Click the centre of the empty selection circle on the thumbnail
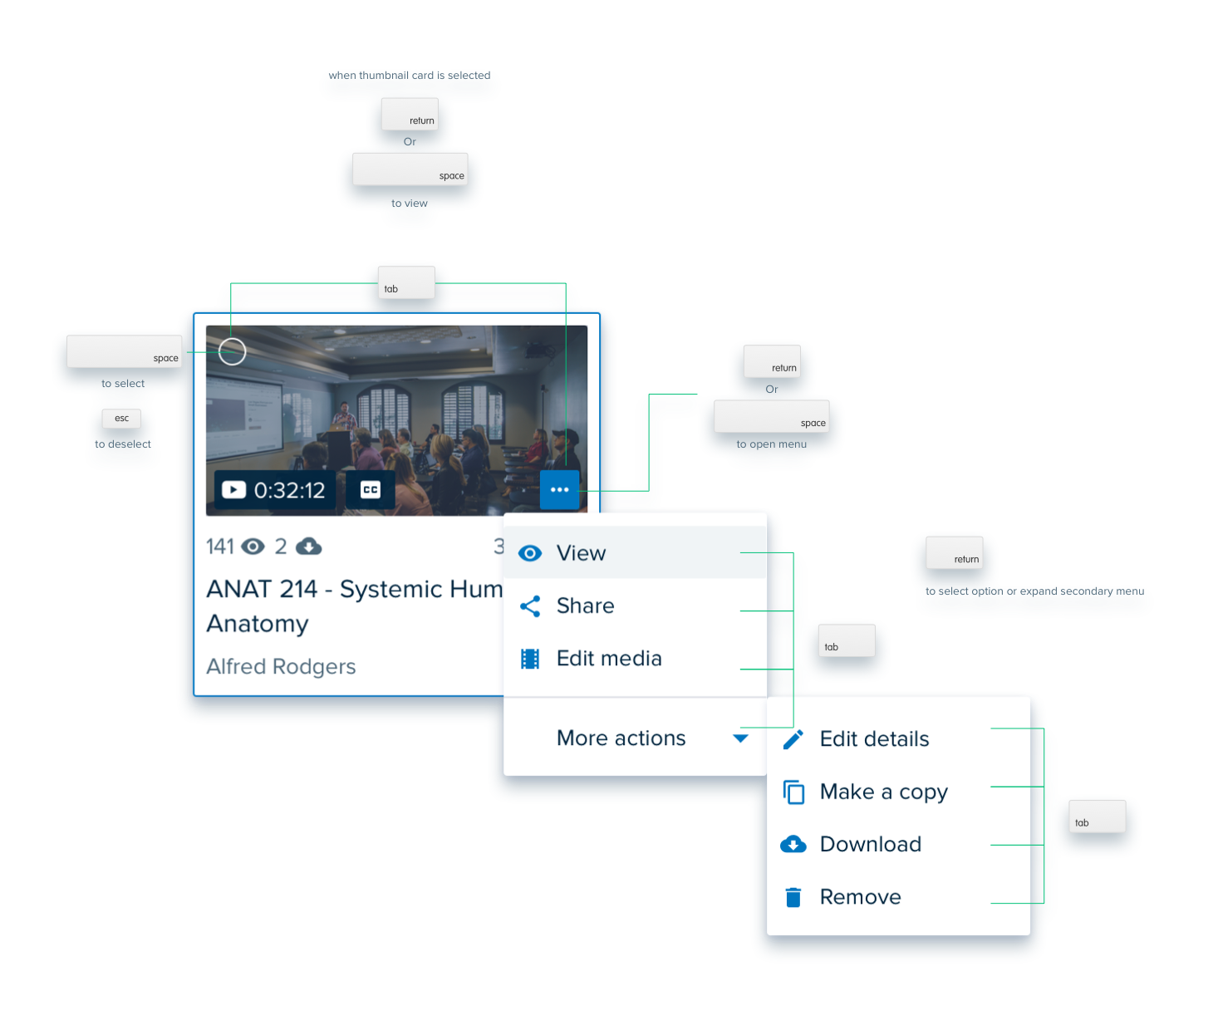click(232, 351)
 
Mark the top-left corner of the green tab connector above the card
click(231, 283)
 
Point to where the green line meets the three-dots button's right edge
click(579, 491)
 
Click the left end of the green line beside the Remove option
click(991, 904)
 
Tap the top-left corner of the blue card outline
click(194, 314)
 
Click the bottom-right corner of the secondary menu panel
click(1030, 934)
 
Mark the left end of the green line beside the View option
click(740, 552)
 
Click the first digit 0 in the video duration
click(260, 491)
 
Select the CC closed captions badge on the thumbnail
click(370, 490)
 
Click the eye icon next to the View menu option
click(530, 553)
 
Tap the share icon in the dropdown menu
click(530, 606)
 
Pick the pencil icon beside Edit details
click(793, 739)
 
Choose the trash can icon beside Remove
click(793, 897)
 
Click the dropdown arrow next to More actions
click(740, 738)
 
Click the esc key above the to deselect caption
click(121, 419)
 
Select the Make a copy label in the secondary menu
click(884, 792)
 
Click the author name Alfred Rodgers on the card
click(281, 666)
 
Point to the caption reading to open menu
click(772, 444)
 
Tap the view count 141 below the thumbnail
click(220, 547)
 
